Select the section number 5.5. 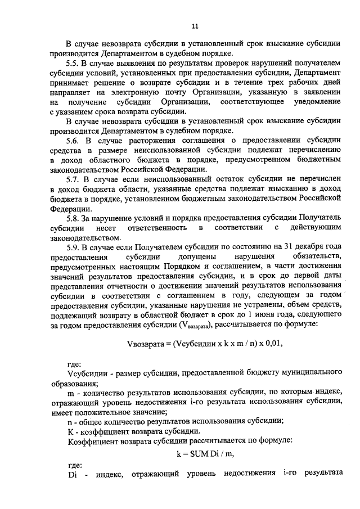[x=73, y=64]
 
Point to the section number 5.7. [x=73, y=178]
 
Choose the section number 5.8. [x=73, y=217]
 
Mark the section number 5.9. [x=73, y=245]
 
